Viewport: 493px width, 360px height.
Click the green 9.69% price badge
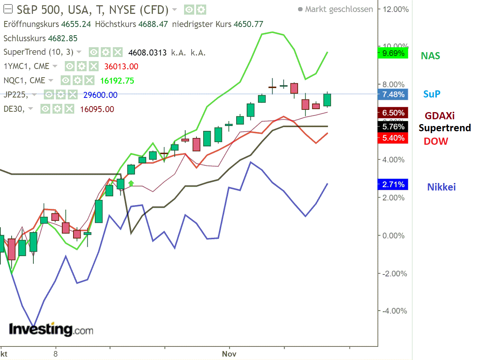pos(393,53)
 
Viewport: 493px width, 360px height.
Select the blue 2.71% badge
pos(393,184)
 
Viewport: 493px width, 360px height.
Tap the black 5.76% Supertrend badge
pos(393,127)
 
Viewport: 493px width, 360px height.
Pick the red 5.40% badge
pos(393,138)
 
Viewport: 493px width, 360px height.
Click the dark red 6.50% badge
pos(393,113)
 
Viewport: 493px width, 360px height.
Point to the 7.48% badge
pos(393,94)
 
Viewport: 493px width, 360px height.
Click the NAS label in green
pos(430,56)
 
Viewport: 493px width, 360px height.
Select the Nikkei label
pos(441,187)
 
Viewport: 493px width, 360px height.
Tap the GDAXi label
pos(439,115)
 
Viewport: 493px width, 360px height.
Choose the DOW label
pos(436,141)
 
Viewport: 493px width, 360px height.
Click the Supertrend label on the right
pos(445,128)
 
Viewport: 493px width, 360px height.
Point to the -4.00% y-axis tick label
pos(394,311)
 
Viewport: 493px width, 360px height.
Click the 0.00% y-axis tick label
pos(393,236)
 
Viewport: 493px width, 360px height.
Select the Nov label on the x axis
pos(229,354)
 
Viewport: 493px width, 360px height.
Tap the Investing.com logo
pos(51,329)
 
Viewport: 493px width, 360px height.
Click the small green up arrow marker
pos(131,183)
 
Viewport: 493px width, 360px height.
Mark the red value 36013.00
pos(121,67)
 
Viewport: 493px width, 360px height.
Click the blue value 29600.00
pos(100,95)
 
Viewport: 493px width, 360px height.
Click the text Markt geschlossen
pos(339,9)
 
